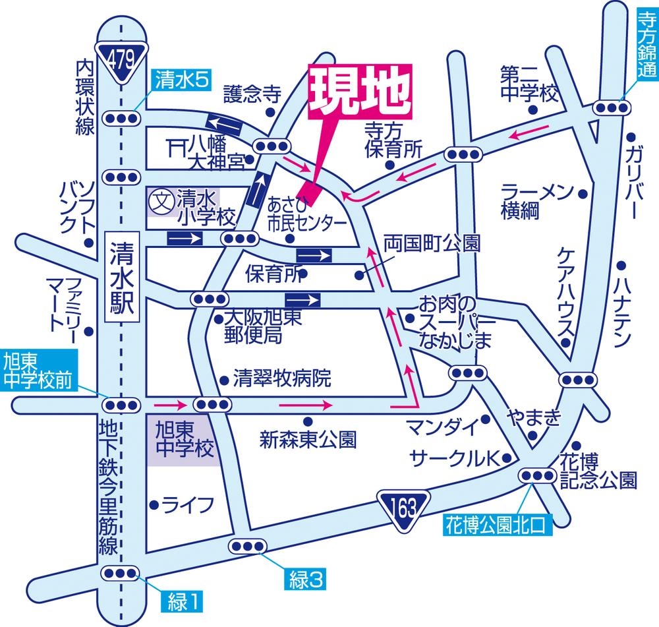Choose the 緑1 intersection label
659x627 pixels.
tap(181, 601)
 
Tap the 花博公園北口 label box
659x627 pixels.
tap(495, 525)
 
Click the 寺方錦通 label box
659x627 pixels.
tap(646, 40)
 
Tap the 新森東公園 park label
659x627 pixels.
tap(308, 437)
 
